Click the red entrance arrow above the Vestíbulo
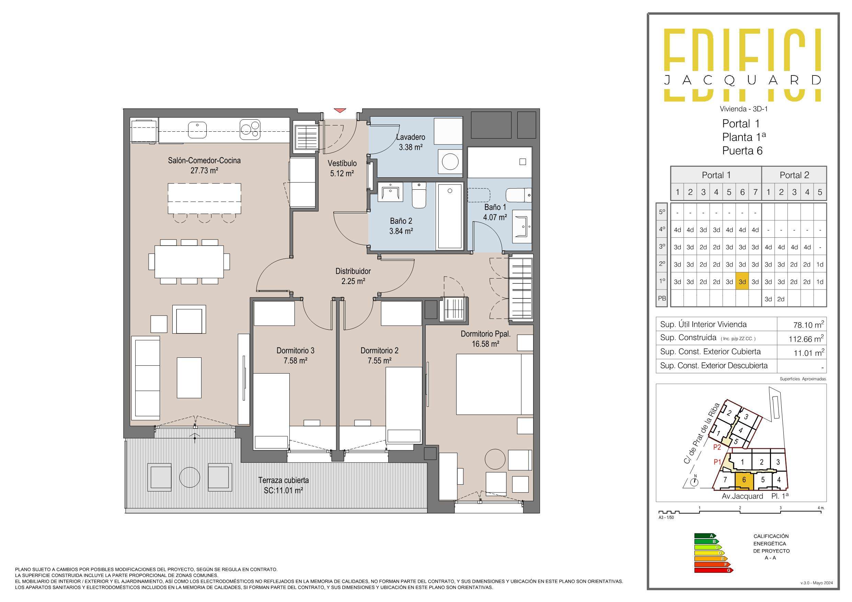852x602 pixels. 340,110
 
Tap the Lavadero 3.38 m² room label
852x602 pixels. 411,142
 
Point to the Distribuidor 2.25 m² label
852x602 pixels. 353,276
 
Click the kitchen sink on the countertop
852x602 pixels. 197,129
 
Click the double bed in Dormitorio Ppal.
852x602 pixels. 494,384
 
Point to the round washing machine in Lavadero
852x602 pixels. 450,162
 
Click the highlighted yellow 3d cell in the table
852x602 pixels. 742,282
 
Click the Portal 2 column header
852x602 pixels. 794,175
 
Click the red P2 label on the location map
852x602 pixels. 717,447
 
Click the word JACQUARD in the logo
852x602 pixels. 742,80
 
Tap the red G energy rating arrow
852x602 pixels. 714,570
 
